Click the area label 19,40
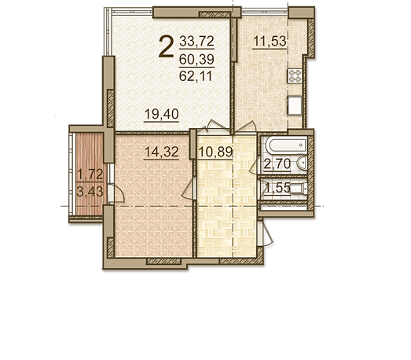click(x=161, y=114)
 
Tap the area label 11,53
click(x=270, y=41)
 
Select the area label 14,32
click(x=161, y=152)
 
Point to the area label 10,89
click(x=215, y=152)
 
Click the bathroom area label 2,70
click(x=277, y=164)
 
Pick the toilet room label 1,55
click(x=278, y=188)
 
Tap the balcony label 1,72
click(x=90, y=174)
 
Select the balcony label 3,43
click(x=90, y=192)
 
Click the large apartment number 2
click(x=166, y=46)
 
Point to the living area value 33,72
click(x=196, y=41)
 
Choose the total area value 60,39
click(x=196, y=59)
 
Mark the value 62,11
click(x=196, y=76)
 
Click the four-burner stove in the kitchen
click(x=295, y=76)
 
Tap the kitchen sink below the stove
click(x=295, y=105)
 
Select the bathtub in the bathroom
click(x=286, y=145)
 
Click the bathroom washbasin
click(x=302, y=163)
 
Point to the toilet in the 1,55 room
click(x=299, y=189)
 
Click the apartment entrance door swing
click(x=266, y=234)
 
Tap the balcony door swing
click(x=116, y=193)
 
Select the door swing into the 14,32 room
click(x=189, y=189)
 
